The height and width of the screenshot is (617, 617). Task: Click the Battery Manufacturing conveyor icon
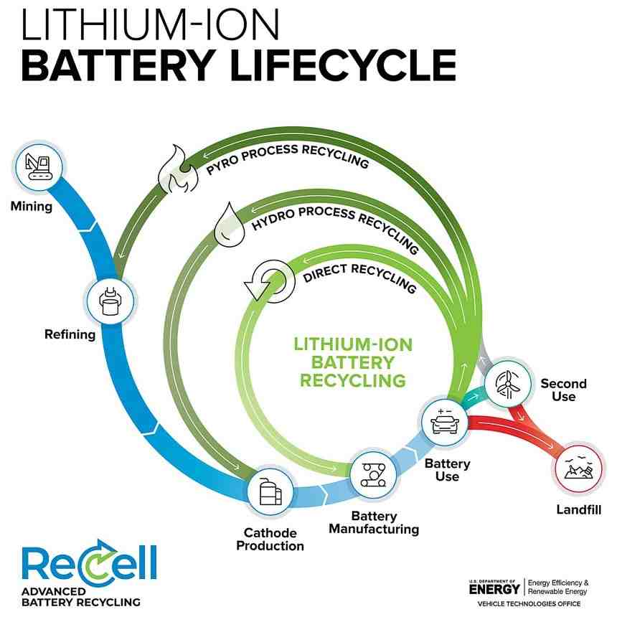372,474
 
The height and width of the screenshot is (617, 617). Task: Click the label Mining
32,207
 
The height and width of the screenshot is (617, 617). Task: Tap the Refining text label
70,334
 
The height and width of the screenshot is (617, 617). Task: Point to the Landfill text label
578,510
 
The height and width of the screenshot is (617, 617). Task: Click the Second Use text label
563,390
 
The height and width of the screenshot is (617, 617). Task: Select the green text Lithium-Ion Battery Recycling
353,362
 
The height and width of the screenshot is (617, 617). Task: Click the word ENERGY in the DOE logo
494,589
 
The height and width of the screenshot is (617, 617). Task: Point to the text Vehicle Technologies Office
527,604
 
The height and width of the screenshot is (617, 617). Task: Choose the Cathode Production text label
273,539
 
